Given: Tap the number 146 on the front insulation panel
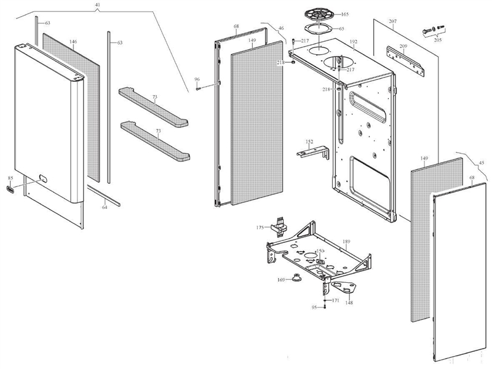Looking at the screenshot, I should (73, 42).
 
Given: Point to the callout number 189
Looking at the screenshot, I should (346, 242).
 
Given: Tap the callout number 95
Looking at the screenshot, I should (314, 307).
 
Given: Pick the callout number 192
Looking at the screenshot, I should (353, 42).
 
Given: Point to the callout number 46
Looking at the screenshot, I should (281, 28).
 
